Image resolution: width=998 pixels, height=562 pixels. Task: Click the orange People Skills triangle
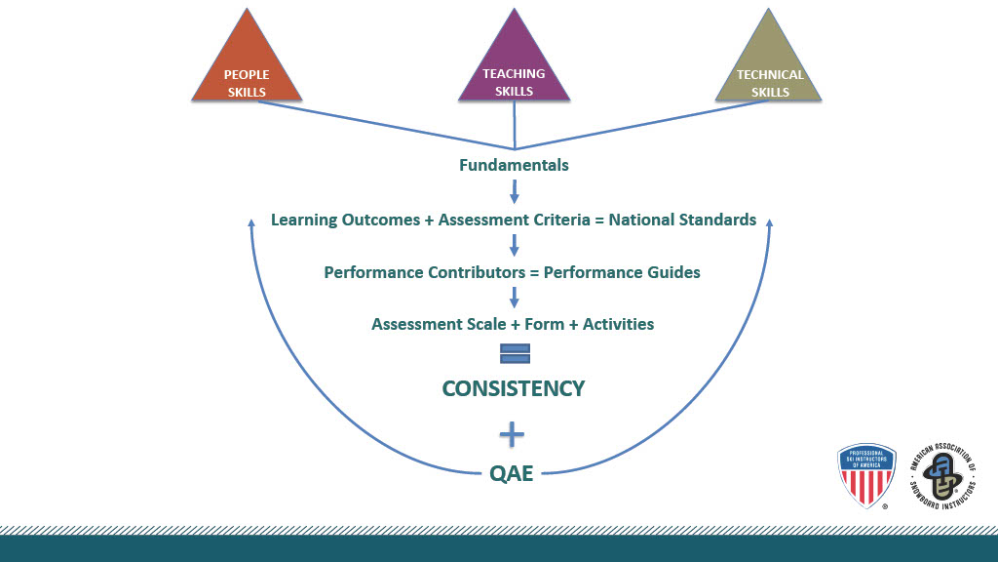[246, 68]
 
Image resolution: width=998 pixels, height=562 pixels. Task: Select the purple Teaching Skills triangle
[514, 68]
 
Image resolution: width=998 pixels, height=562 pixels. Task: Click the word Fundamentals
[514, 165]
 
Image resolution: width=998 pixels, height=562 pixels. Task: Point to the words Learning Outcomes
[345, 220]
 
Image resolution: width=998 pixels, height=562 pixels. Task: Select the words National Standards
[682, 220]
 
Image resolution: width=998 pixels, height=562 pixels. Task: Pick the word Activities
[618, 324]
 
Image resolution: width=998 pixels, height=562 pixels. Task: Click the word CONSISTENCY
[514, 388]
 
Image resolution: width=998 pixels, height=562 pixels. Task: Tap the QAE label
[511, 475]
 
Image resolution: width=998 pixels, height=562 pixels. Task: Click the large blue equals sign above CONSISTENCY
[514, 353]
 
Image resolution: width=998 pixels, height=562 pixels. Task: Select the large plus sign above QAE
[512, 434]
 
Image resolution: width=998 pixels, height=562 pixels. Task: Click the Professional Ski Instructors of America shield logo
[866, 474]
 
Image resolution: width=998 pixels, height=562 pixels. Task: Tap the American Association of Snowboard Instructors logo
[942, 475]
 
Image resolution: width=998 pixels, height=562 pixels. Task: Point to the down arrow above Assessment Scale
[514, 298]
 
